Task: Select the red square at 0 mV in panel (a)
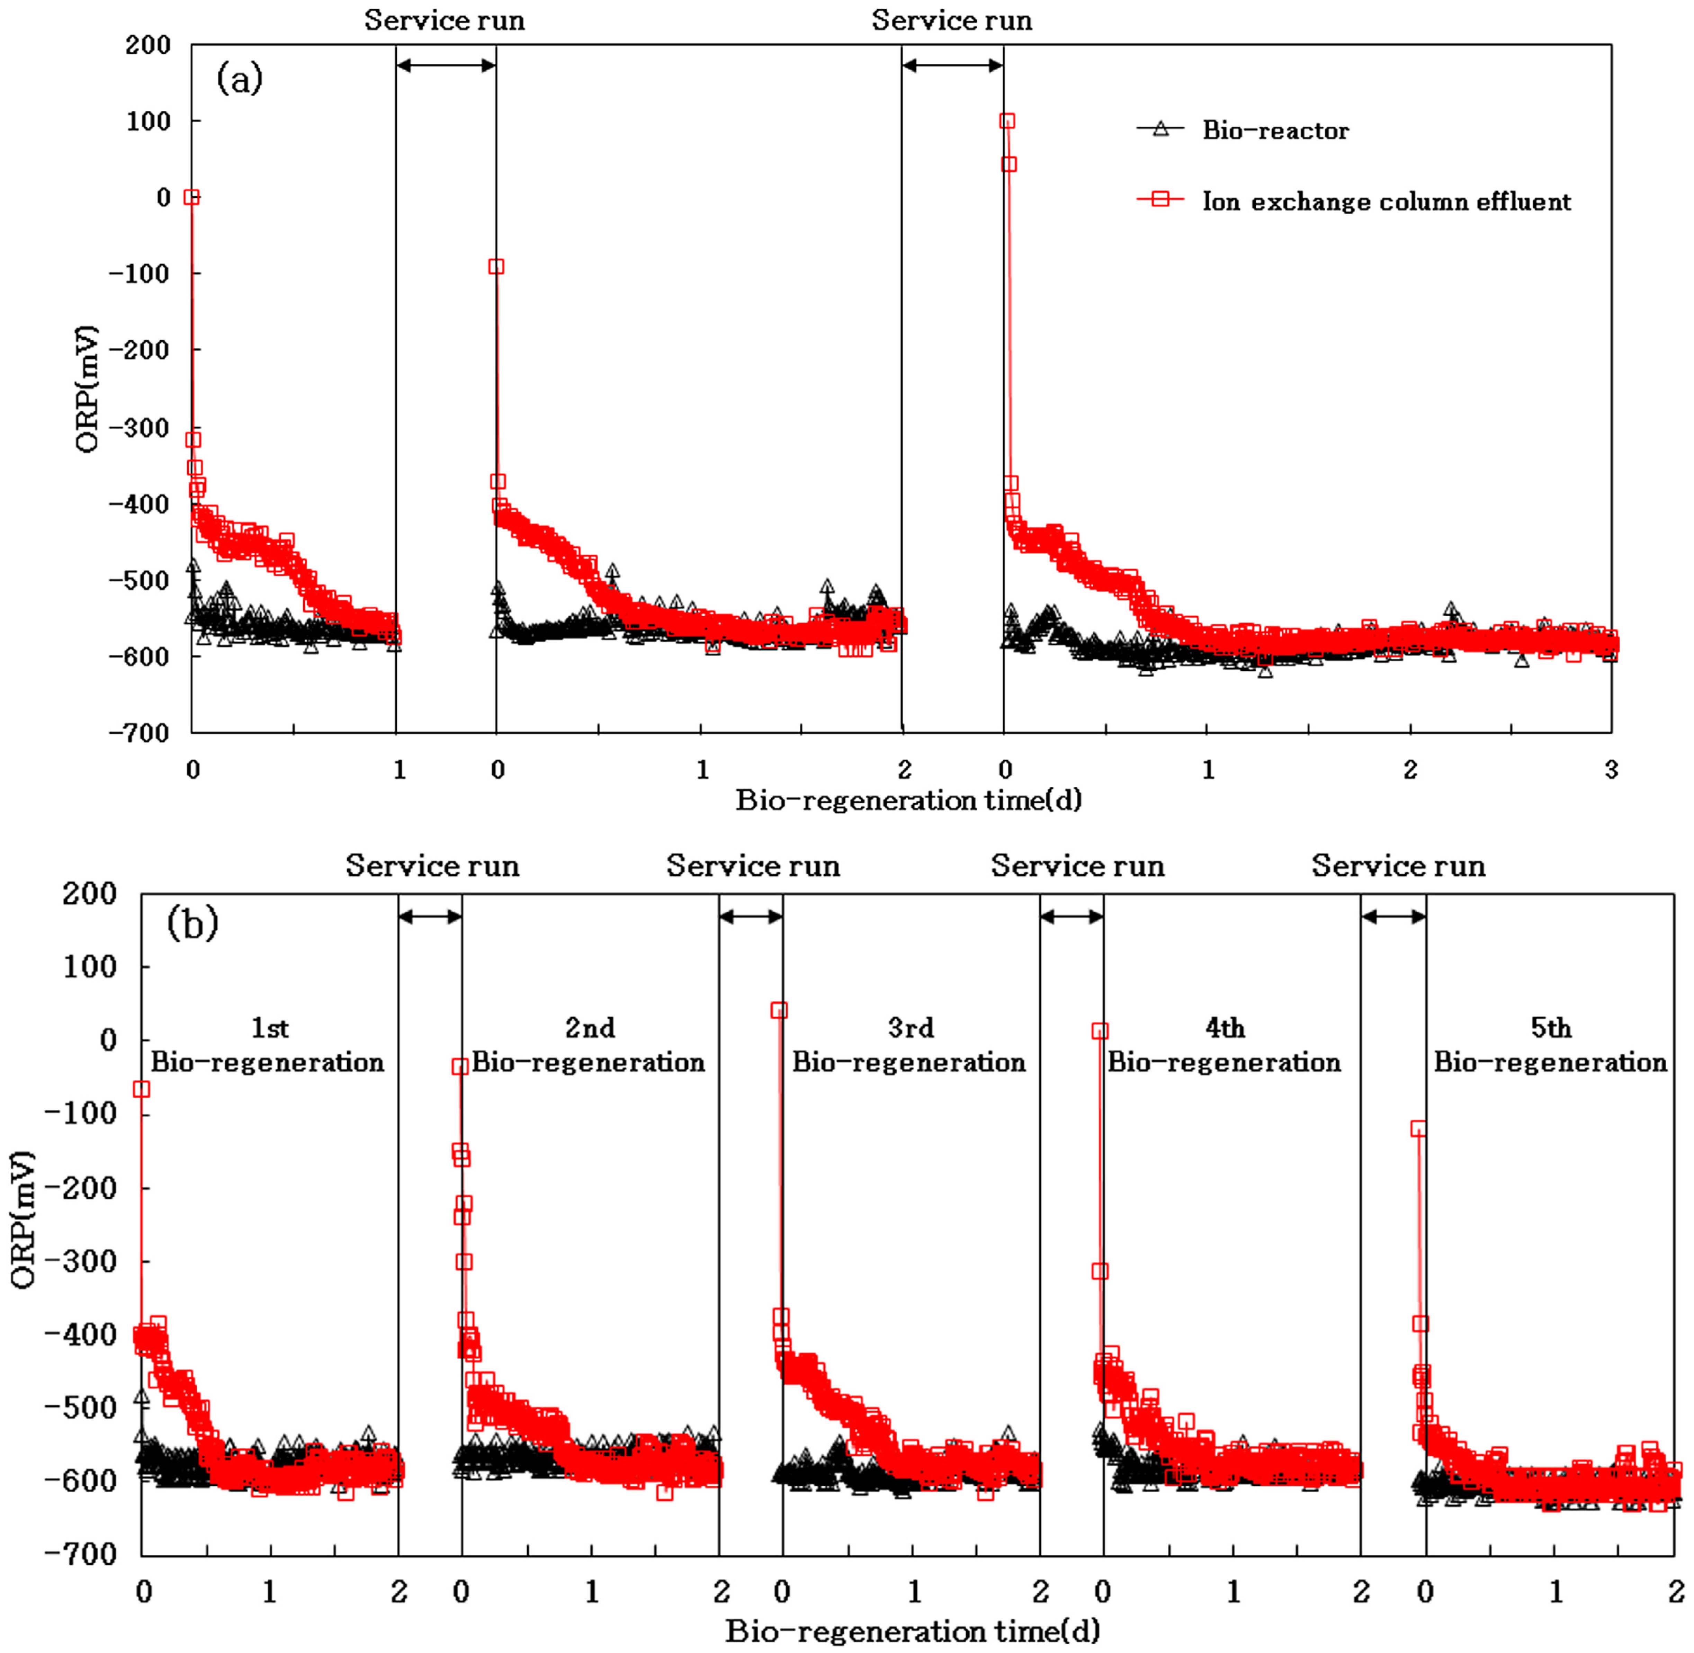(192, 197)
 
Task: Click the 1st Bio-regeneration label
(268, 1045)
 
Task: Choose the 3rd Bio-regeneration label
(909, 1045)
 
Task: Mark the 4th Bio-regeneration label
(1224, 1045)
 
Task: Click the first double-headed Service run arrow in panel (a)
(446, 65)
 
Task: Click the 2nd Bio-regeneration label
(589, 1045)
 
